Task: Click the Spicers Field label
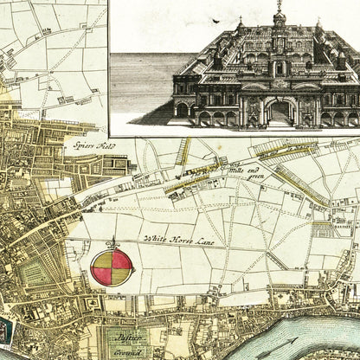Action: pos(93,146)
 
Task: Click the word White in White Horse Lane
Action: pos(154,236)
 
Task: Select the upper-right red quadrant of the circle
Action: pos(121,257)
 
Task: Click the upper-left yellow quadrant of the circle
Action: pos(102,257)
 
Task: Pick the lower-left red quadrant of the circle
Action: pos(102,275)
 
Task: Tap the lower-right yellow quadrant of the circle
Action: pos(121,275)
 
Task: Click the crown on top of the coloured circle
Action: pos(112,242)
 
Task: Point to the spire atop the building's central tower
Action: pos(280,9)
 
